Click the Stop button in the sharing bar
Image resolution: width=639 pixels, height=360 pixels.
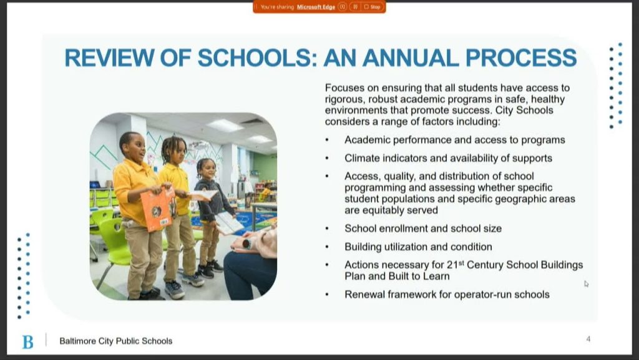(373, 7)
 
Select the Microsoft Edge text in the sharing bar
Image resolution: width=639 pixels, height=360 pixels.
(316, 7)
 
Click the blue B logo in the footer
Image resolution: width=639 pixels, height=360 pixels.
(27, 342)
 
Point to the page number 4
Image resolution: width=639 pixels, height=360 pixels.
(588, 339)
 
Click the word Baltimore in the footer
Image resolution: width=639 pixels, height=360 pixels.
(78, 341)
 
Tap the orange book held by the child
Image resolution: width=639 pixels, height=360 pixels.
(157, 209)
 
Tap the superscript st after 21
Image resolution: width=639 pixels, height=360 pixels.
(461, 262)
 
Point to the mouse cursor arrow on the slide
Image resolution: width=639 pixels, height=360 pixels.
(586, 284)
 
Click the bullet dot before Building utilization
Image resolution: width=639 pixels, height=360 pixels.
(327, 247)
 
